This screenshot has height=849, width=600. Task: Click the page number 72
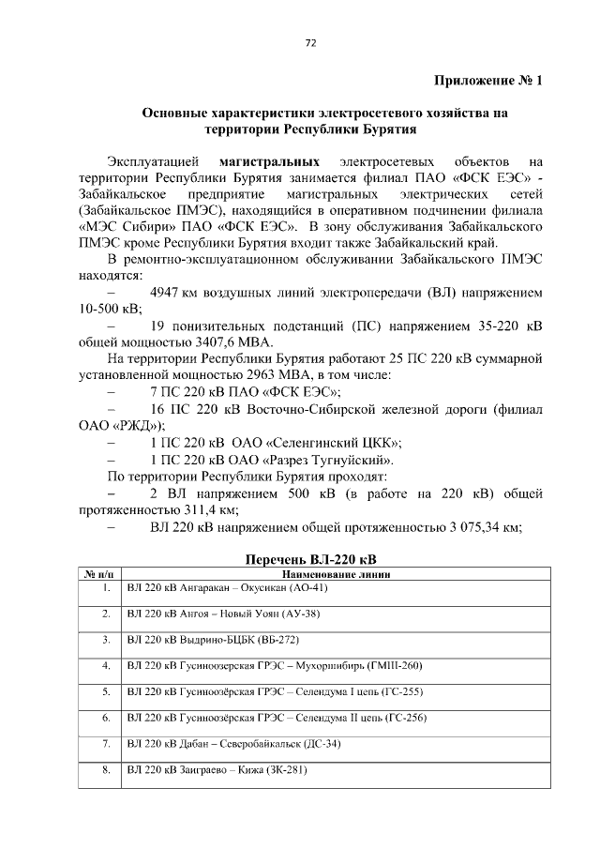(308, 43)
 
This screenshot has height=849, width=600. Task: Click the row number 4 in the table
(106, 666)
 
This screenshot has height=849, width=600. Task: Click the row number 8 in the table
(106, 770)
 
